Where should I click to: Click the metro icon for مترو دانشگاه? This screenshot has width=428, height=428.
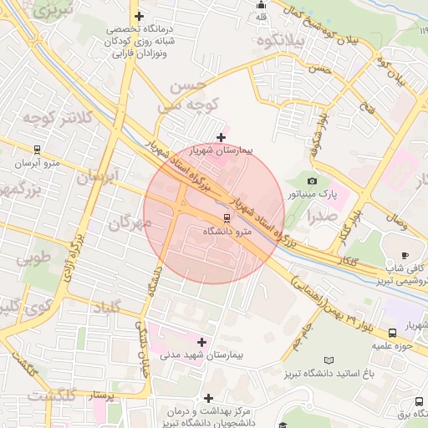[x=206, y=218]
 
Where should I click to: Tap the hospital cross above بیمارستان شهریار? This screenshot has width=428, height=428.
[x=221, y=137]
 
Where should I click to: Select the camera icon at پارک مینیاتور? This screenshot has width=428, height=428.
[x=312, y=181]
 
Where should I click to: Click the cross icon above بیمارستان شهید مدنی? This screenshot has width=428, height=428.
[x=201, y=341]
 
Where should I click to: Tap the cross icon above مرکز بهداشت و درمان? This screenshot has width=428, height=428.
[x=208, y=398]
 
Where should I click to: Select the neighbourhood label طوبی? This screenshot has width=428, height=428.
[x=33, y=257]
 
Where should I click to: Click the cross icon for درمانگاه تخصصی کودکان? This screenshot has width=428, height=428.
[x=139, y=16]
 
